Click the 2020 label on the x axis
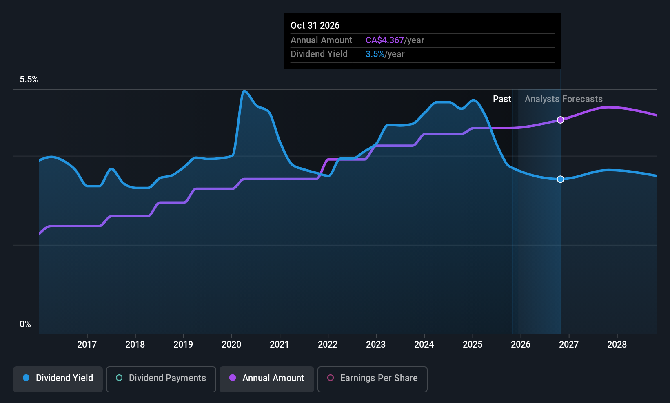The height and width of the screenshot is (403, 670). point(231,344)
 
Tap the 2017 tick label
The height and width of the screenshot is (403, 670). point(87,344)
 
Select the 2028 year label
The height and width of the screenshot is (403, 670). point(617,344)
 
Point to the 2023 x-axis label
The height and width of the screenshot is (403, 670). point(376,344)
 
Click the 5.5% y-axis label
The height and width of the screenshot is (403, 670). point(29,80)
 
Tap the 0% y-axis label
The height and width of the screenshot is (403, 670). point(25,324)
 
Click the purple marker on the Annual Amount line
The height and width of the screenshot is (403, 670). point(561,120)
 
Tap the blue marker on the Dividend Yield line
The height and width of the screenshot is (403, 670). point(561,179)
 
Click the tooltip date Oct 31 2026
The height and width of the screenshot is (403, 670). point(315,25)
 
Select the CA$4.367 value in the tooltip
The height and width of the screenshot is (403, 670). point(384,40)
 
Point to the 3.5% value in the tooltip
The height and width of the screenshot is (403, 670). point(375,54)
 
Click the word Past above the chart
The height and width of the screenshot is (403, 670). point(502,99)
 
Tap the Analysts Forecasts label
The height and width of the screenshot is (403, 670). point(564,99)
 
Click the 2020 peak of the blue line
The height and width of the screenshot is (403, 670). point(244,91)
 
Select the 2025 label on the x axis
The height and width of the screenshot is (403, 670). point(473,344)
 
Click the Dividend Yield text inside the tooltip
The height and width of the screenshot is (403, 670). point(319,54)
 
